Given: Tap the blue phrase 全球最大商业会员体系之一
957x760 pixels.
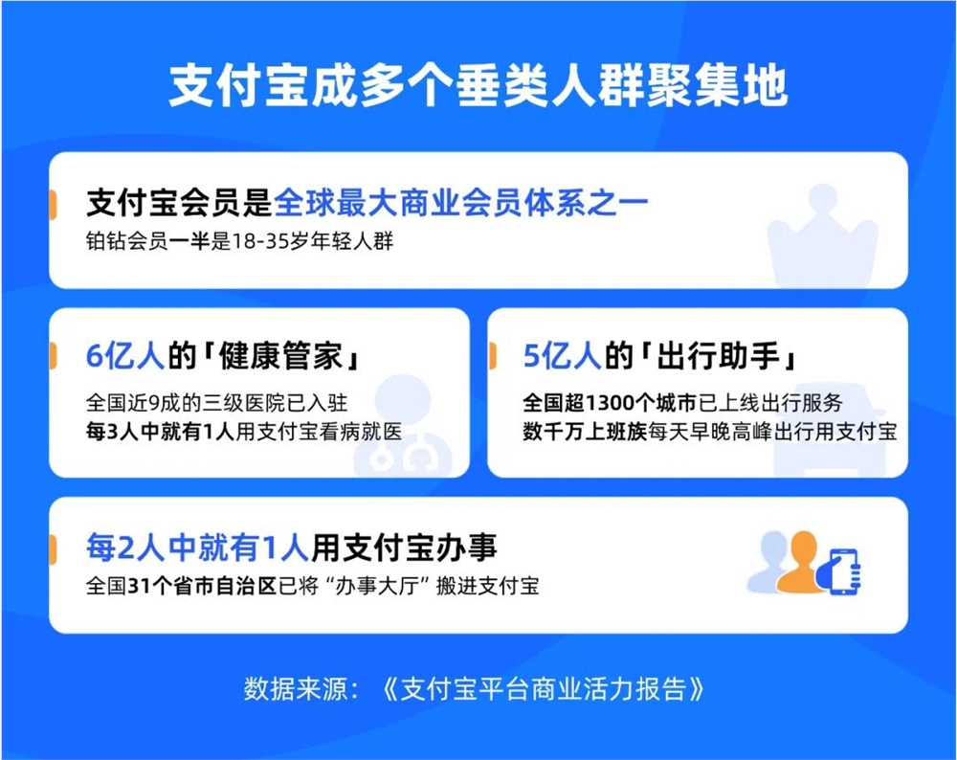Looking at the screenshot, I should pos(461,204).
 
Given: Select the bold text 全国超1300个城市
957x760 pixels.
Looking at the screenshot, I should pos(613,402).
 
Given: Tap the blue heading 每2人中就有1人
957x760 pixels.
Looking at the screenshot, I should pos(197,548).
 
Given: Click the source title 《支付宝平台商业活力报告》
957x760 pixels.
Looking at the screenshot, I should pos(545,689).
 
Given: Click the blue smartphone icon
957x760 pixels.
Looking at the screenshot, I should pos(843,571).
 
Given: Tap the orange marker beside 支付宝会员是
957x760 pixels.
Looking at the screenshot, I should pos(52,203).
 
